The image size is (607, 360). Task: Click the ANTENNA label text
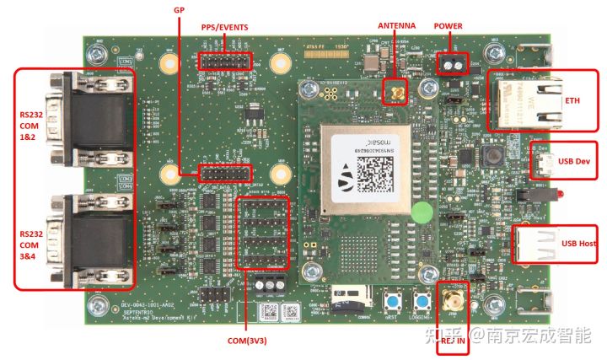pos(395,26)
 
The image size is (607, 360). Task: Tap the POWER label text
pos(449,26)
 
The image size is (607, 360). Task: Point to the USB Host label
pos(579,244)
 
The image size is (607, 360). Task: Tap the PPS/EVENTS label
pos(224,26)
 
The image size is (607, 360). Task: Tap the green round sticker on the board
pos(424,211)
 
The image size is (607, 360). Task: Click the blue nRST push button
pos(391,301)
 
